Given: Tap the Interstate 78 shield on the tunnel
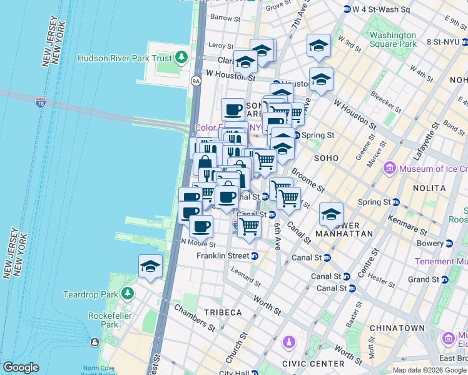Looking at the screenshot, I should tap(41, 101).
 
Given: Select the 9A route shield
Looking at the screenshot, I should tap(196, 81).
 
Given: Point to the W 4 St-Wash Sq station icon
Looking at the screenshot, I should tap(347, 9).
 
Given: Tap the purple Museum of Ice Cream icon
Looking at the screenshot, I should tap(389, 168).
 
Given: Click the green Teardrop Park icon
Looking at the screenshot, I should tap(128, 293).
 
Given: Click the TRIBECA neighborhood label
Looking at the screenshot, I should tap(221, 312).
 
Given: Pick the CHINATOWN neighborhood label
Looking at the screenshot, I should tap(397, 327).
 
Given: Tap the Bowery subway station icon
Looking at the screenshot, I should tap(449, 243).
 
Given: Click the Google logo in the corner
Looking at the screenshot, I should tap(21, 367).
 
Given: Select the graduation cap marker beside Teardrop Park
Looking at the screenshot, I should tap(150, 267).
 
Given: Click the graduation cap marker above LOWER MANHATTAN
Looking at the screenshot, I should tap(331, 214).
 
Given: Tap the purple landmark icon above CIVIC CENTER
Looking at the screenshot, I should tap(288, 342).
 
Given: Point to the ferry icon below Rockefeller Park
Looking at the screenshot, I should tap(94, 342).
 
